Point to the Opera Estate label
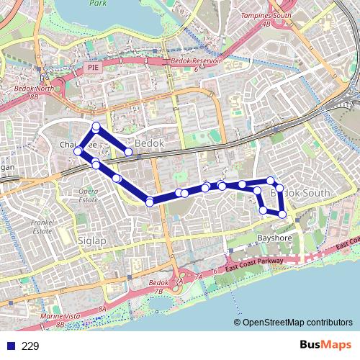click(x=89, y=194)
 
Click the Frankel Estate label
click(x=42, y=227)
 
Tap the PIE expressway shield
click(x=92, y=67)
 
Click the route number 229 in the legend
click(x=30, y=346)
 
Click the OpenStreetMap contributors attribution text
click(x=297, y=323)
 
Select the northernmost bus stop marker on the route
click(x=96, y=127)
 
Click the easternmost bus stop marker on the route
click(x=283, y=214)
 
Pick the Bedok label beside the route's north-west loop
click(x=150, y=144)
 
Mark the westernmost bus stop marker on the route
click(x=77, y=151)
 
